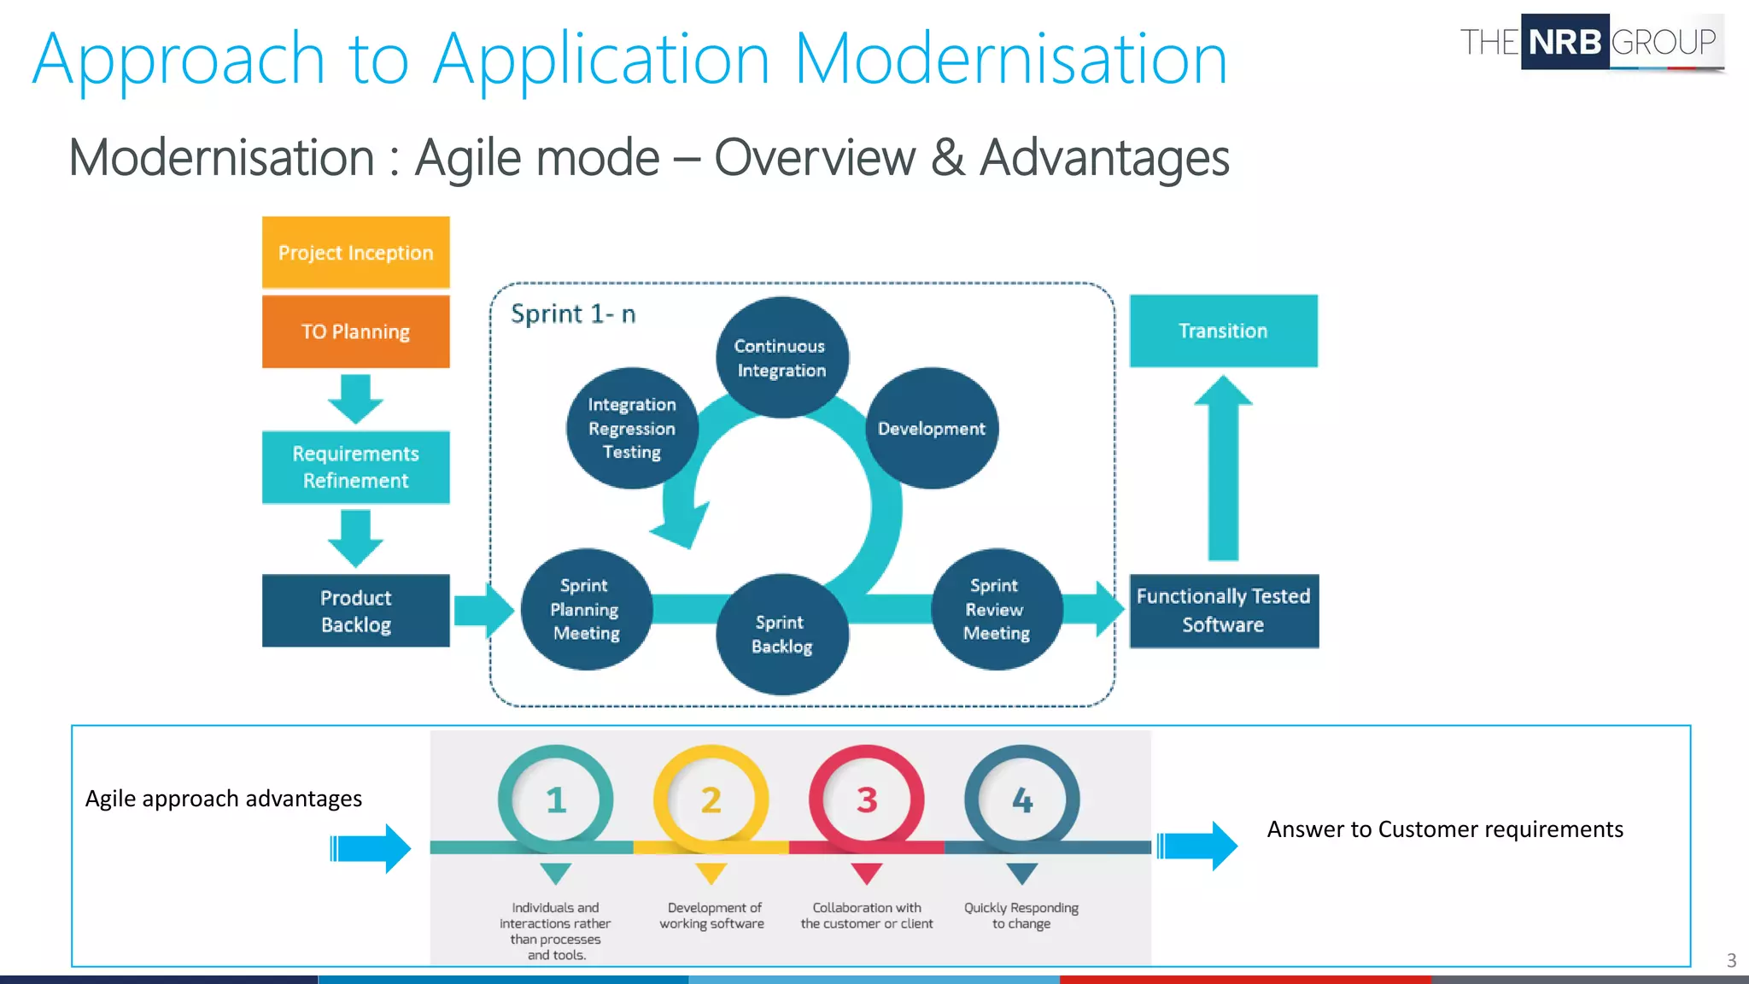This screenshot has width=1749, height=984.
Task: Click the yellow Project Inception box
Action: coord(355,252)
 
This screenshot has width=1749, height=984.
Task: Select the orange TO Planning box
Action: coord(355,331)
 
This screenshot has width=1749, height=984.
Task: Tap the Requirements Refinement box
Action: coord(355,467)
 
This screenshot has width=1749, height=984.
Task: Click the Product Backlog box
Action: coord(355,611)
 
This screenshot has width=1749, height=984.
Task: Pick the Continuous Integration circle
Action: coord(781,357)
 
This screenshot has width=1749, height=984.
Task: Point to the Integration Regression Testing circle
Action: coord(632,428)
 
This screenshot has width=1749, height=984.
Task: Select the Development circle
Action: coord(932,428)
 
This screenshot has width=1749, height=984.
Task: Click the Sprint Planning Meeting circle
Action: coord(586,609)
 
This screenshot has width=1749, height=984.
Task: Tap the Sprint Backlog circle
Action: coord(781,634)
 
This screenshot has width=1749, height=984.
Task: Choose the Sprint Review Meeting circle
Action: coord(996,609)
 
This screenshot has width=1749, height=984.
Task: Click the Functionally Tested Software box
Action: coord(1224,611)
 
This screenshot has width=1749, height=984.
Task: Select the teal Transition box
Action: coord(1223,331)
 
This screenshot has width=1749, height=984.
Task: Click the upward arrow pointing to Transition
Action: coord(1223,470)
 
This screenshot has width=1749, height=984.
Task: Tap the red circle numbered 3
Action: coord(867,800)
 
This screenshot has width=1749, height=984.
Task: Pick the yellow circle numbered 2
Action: coord(711,800)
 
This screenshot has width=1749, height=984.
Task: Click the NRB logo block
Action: coord(1565,42)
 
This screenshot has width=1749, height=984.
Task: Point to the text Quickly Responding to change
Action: coord(1021,916)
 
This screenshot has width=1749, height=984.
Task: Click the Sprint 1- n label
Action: coord(573,314)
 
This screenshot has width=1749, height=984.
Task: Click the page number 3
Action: coord(1731,960)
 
